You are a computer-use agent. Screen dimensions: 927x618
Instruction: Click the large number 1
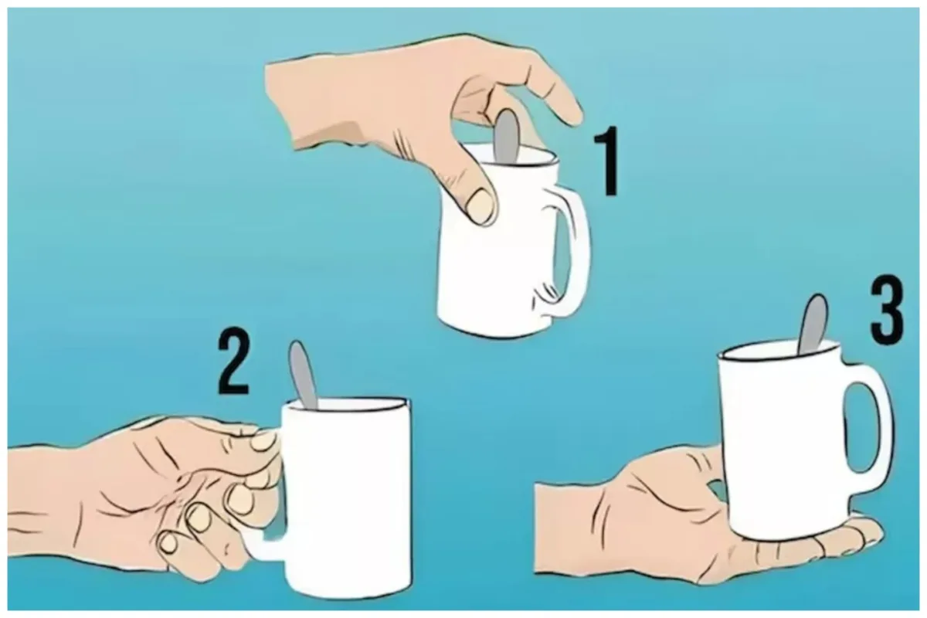[x=606, y=161]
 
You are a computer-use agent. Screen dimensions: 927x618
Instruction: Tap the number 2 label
[x=233, y=360]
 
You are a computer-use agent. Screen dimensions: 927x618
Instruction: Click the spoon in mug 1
[x=507, y=137]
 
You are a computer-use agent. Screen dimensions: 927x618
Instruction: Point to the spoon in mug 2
[x=303, y=375]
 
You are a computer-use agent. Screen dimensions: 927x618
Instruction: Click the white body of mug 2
[x=348, y=497]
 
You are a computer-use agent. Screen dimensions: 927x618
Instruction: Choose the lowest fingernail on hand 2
[x=168, y=543]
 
